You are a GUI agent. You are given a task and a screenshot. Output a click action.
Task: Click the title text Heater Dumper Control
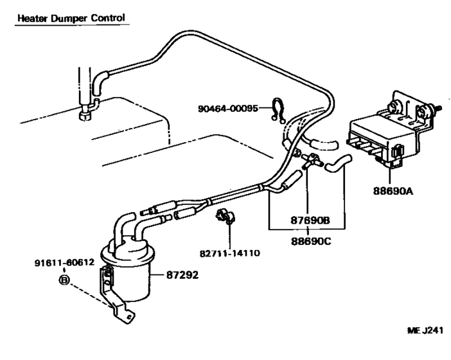71,18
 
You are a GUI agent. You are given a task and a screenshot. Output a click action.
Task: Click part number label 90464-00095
226,109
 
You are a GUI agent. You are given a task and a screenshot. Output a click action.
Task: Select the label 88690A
393,190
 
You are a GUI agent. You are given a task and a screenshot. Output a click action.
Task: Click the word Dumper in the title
66,18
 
